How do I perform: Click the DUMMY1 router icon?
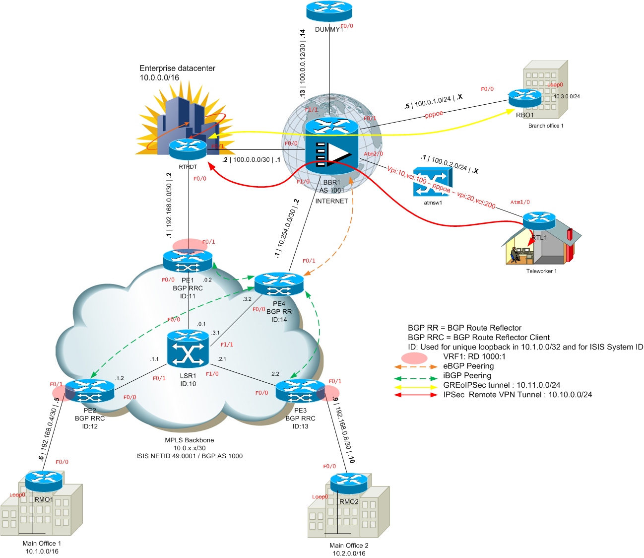click(x=329, y=10)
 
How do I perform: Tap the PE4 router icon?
click(x=279, y=284)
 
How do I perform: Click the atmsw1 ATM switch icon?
click(x=432, y=182)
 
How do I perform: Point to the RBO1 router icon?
click(x=524, y=98)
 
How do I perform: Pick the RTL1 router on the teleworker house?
click(x=539, y=221)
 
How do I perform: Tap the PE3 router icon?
click(x=300, y=391)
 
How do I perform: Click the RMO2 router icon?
click(x=349, y=483)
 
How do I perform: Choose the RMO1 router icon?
click(x=44, y=480)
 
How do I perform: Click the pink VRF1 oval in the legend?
click(x=414, y=358)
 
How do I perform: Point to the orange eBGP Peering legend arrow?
click(x=415, y=367)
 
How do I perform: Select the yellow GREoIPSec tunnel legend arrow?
click(x=415, y=386)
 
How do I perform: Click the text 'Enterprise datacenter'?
click(x=177, y=69)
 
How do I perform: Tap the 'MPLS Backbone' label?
click(x=190, y=440)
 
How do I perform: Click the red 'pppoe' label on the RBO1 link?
click(x=434, y=115)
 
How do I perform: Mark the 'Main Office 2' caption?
click(x=349, y=546)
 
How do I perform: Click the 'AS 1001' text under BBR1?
click(x=331, y=191)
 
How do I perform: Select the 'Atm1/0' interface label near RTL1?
click(x=520, y=202)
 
